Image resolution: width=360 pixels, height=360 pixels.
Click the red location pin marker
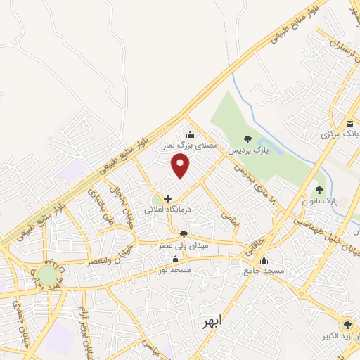(x=181, y=166)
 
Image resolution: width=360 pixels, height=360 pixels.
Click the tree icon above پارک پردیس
(x=246, y=139)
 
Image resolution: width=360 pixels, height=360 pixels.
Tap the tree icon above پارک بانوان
(x=320, y=188)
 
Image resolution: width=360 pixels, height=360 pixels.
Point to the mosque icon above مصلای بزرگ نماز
(x=189, y=136)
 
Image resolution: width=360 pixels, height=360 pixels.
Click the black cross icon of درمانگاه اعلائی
(x=167, y=199)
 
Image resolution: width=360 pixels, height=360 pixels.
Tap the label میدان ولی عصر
(x=183, y=245)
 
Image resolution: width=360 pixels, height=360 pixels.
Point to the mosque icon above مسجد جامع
(x=264, y=259)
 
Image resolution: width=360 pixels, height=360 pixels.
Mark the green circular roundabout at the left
(x=48, y=275)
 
